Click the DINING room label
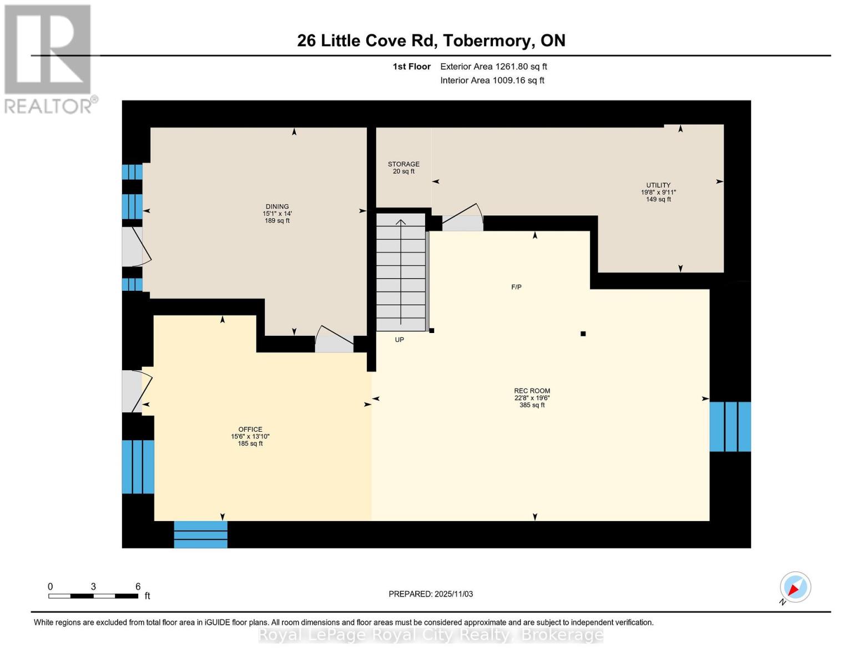point(277,206)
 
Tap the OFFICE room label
point(250,429)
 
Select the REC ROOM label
point(532,391)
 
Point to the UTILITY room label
point(658,185)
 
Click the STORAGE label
point(404,164)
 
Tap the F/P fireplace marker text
point(516,287)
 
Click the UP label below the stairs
point(399,340)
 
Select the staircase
point(401,272)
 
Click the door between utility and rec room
point(462,218)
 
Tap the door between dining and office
point(334,339)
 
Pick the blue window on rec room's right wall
point(730,427)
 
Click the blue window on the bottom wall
point(201,534)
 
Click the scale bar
point(93,596)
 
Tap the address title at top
point(431,41)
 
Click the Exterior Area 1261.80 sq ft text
point(493,67)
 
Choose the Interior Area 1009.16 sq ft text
point(492,80)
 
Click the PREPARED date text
point(431,594)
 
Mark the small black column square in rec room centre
point(583,334)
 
